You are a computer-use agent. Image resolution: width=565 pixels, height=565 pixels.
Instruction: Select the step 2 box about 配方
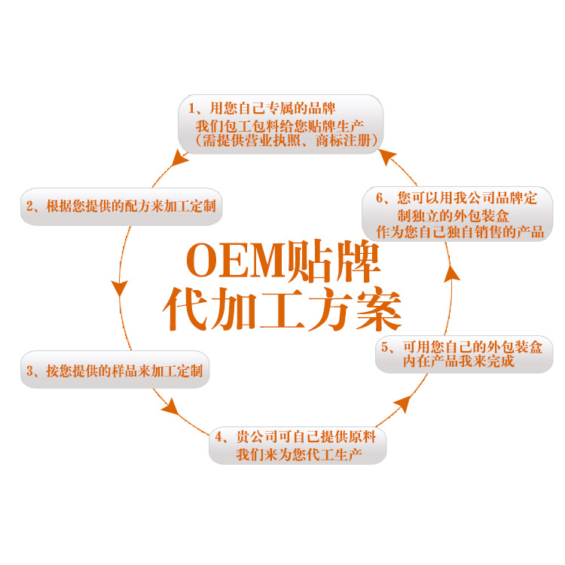point(121,206)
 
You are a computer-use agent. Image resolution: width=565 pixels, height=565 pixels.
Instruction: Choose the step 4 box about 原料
point(298,446)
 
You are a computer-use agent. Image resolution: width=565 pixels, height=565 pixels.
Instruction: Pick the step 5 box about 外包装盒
point(459,354)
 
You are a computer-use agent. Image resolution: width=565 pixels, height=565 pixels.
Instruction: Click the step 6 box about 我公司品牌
point(459,215)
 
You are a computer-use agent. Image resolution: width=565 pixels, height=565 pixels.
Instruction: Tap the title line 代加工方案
point(282,309)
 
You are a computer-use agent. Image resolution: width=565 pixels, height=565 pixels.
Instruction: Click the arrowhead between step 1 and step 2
point(179,159)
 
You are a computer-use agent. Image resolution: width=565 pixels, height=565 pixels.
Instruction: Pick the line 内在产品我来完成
point(459,362)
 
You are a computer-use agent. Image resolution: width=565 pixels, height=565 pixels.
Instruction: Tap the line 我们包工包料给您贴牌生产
point(280,125)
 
